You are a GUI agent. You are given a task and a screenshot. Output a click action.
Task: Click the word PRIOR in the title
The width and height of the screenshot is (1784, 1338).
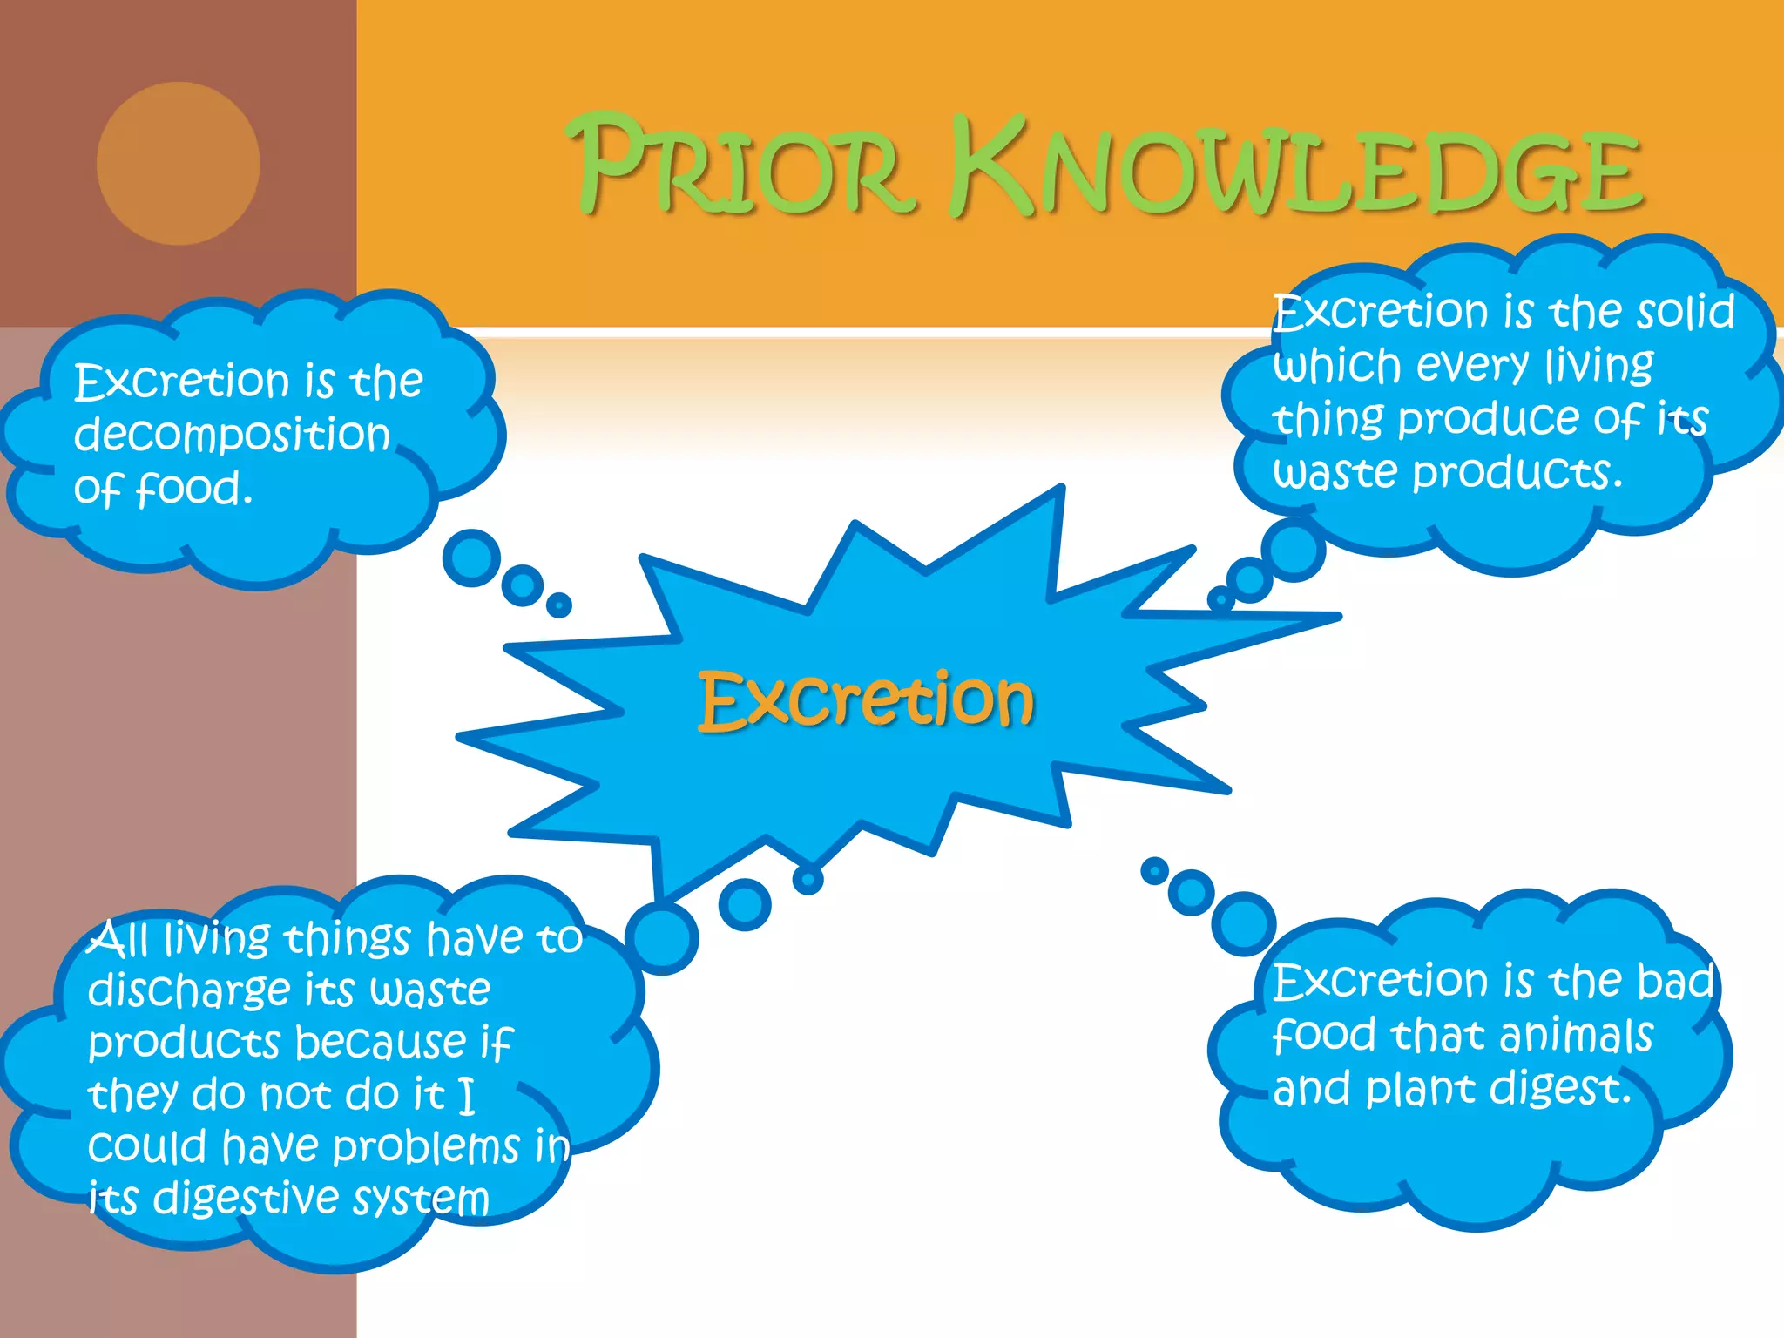coord(745,167)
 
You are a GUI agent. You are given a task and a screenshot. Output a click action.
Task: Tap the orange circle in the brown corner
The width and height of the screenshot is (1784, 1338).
coord(179,164)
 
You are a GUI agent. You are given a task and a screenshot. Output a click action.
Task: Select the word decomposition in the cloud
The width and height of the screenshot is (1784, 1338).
coord(232,435)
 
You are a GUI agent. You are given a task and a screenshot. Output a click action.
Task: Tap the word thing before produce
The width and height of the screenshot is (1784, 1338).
coord(1328,421)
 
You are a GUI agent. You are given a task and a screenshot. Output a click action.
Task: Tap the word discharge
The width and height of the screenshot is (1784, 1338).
coord(189,991)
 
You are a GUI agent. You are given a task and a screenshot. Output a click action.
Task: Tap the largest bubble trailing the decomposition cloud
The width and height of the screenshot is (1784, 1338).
coord(471,558)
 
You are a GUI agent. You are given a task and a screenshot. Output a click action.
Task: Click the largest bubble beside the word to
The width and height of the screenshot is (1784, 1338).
coord(662,938)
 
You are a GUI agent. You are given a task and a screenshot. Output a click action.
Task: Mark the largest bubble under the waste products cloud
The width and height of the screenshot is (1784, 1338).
coord(1294,550)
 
